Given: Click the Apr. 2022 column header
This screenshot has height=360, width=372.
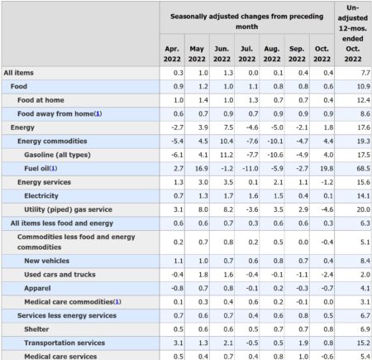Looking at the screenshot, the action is click(172, 54).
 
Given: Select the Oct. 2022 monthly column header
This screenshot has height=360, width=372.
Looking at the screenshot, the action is click(322, 54).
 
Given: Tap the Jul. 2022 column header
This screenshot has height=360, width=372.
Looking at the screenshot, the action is click(247, 54).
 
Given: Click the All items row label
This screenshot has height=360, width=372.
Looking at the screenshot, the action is click(18, 73).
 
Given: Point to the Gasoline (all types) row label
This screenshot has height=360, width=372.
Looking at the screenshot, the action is click(57, 155).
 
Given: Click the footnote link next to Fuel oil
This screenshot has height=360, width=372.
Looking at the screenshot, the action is click(54, 169).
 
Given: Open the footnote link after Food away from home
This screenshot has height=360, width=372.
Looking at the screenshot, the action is click(98, 114).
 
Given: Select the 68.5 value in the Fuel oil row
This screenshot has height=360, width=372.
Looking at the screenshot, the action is click(363, 169).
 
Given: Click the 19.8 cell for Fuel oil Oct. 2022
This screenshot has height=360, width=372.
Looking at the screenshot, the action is click(327, 169).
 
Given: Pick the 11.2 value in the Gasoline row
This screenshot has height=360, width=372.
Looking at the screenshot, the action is click(227, 155).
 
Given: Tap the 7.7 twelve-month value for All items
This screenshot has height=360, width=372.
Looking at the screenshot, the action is click(365, 73).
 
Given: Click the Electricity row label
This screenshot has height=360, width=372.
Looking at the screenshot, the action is click(41, 196).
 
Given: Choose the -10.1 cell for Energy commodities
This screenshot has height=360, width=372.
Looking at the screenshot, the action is click(275, 142).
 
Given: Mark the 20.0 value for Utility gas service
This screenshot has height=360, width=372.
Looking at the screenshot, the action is click(363, 209).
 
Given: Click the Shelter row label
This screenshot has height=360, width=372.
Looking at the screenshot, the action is click(36, 329).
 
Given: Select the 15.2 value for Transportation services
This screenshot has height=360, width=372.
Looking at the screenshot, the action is click(363, 343).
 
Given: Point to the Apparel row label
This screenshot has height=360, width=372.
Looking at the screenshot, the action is click(37, 288).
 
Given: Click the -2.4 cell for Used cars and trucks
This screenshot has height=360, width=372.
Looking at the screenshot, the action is click(327, 275).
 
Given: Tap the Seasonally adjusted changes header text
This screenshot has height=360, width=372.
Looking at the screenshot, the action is click(247, 22).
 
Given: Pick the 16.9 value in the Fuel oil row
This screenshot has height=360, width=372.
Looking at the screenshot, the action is click(202, 169).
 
